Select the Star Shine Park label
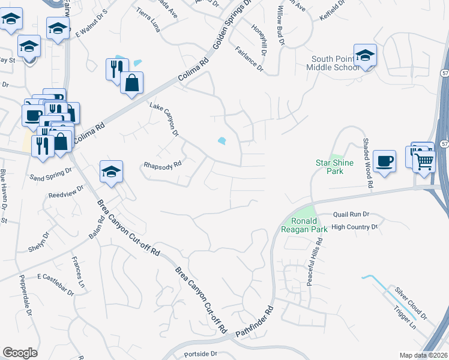[x=334, y=167]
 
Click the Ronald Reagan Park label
[x=304, y=226]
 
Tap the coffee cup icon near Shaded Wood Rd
[x=384, y=161]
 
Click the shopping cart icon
[x=424, y=160]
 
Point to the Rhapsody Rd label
[x=161, y=163]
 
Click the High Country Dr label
[x=354, y=227]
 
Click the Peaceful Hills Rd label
[x=315, y=262]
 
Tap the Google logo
[x=20, y=352]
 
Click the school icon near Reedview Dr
[x=111, y=173]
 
